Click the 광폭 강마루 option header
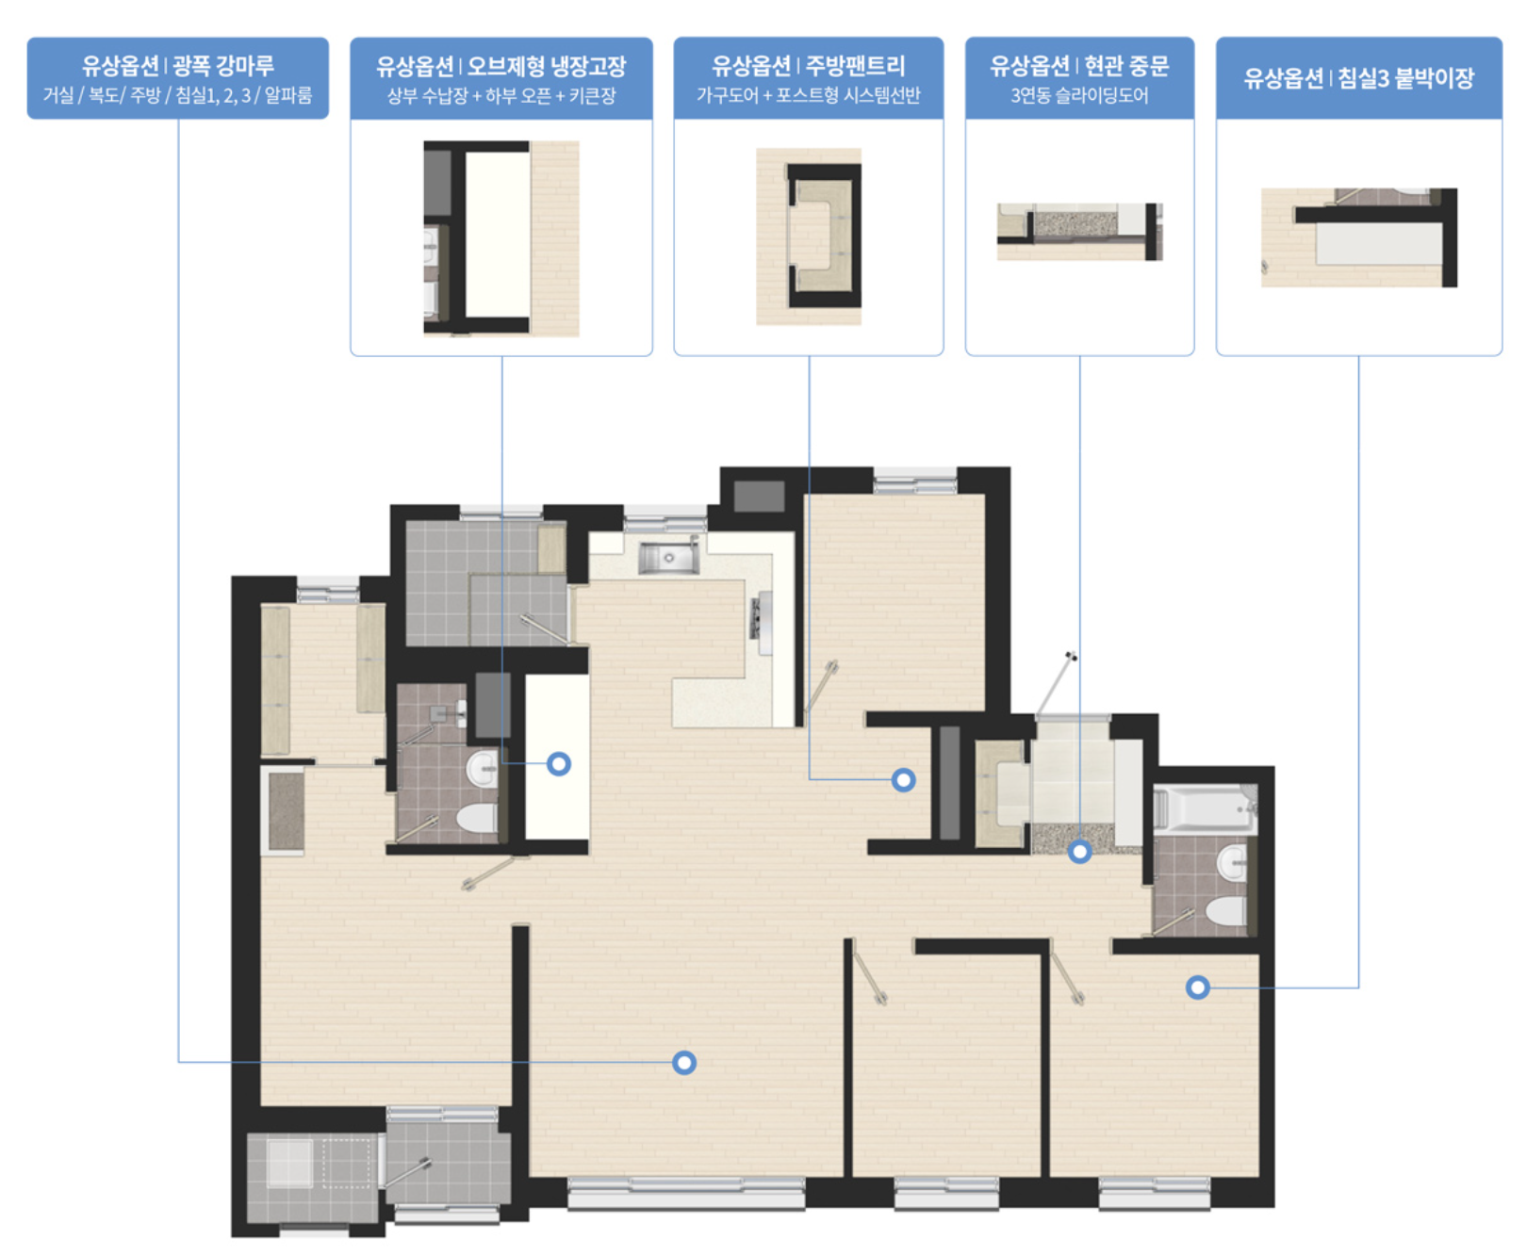coord(178,78)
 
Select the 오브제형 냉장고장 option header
coord(501,78)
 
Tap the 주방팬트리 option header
coord(809,78)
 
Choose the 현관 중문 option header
coord(1079,78)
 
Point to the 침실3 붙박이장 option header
coord(1359,78)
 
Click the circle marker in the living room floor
coord(684,1063)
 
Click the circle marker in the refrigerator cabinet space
coord(559,764)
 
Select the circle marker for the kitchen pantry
coord(904,780)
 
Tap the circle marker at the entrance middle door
coord(1080,852)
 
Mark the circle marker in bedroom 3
coord(1198,987)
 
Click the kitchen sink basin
coord(668,557)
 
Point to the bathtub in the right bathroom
coord(1206,809)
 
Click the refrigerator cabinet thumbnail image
coord(501,238)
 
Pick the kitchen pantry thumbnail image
coord(809,237)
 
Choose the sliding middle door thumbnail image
coord(1080,232)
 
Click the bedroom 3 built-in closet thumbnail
coord(1359,237)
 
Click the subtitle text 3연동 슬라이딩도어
coord(1079,95)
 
